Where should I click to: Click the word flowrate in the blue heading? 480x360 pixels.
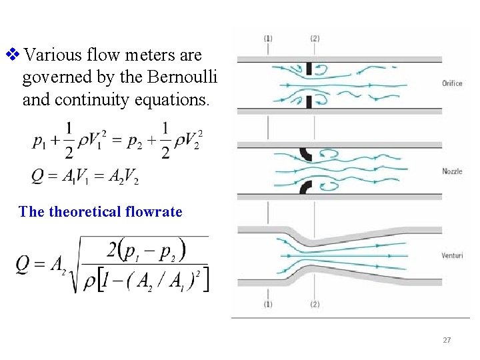(x=153, y=212)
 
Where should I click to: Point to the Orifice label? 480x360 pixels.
(x=452, y=83)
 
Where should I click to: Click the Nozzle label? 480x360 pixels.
(x=452, y=171)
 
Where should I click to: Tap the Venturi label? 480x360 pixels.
(x=452, y=255)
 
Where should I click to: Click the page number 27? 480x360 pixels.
(x=447, y=341)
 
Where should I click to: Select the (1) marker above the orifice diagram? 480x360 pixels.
(x=268, y=39)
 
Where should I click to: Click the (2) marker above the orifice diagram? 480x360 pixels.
(x=315, y=39)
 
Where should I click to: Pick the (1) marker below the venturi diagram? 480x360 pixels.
(x=268, y=305)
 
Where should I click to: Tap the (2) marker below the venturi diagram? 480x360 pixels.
(x=315, y=305)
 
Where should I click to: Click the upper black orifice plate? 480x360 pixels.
(x=309, y=69)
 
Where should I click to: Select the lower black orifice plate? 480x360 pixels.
(x=309, y=101)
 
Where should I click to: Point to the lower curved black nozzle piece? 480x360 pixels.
(x=306, y=187)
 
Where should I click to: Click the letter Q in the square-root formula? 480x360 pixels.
(x=23, y=265)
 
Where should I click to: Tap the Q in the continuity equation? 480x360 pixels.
(x=39, y=175)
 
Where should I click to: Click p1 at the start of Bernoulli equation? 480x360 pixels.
(x=39, y=142)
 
